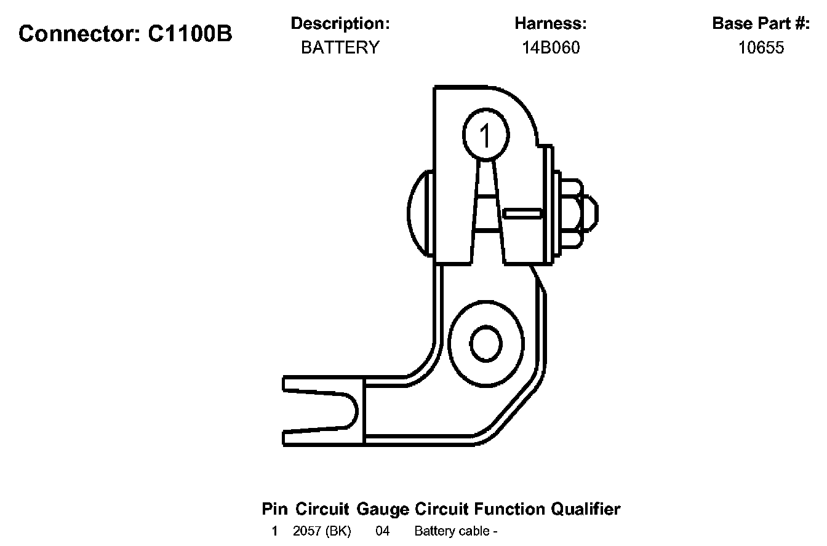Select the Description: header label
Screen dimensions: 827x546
point(340,24)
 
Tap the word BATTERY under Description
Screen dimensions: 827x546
point(340,48)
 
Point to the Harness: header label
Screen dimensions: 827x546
point(550,24)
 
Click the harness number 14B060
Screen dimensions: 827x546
point(550,48)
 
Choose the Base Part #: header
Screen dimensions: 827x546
point(761,24)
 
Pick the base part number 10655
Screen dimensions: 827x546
point(761,48)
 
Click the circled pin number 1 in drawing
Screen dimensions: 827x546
point(485,136)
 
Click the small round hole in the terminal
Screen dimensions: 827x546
point(485,343)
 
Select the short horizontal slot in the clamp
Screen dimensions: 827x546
point(522,213)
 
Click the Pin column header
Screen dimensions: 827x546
point(275,509)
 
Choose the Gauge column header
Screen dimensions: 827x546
point(382,509)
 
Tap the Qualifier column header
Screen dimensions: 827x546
point(585,509)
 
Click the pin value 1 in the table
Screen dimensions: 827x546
point(274,531)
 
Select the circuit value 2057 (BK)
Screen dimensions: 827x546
point(322,531)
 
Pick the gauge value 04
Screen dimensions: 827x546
point(382,531)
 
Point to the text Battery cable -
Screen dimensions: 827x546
point(455,531)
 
